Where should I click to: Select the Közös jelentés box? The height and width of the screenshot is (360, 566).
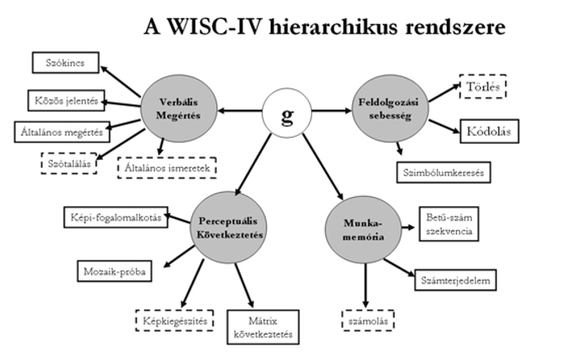coord(62,101)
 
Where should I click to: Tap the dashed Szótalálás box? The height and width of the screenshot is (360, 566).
coord(69,161)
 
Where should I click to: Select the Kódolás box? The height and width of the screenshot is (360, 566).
coord(491,131)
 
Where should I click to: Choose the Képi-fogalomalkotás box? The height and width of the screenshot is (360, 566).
coord(115,217)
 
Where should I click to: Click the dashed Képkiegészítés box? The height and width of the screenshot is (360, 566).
coord(173,320)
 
